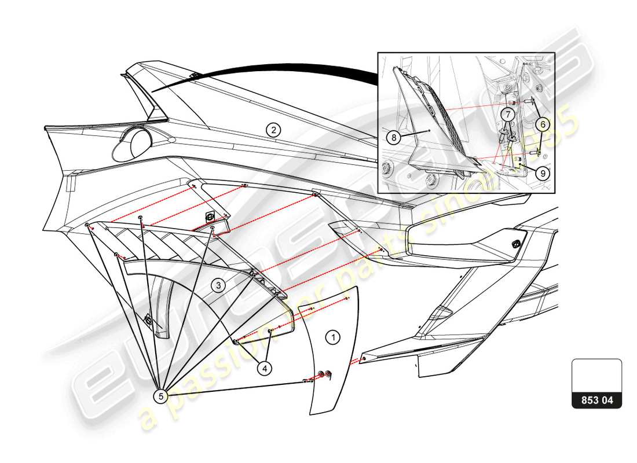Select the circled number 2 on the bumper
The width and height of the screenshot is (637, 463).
[x=273, y=130]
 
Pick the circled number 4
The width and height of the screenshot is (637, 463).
[x=263, y=367]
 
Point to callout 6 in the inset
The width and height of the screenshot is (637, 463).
[x=542, y=123]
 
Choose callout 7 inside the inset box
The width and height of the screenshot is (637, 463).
[x=507, y=115]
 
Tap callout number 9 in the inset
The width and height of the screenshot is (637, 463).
[x=543, y=172]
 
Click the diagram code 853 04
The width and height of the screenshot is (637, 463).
[x=596, y=400]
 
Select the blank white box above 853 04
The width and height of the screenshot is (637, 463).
[x=596, y=375]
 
